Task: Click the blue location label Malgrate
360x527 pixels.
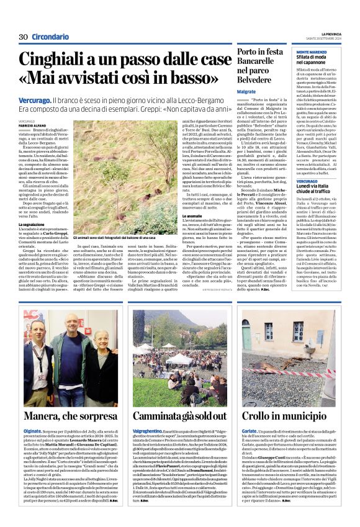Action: pyautogui.click(x=246, y=91)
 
